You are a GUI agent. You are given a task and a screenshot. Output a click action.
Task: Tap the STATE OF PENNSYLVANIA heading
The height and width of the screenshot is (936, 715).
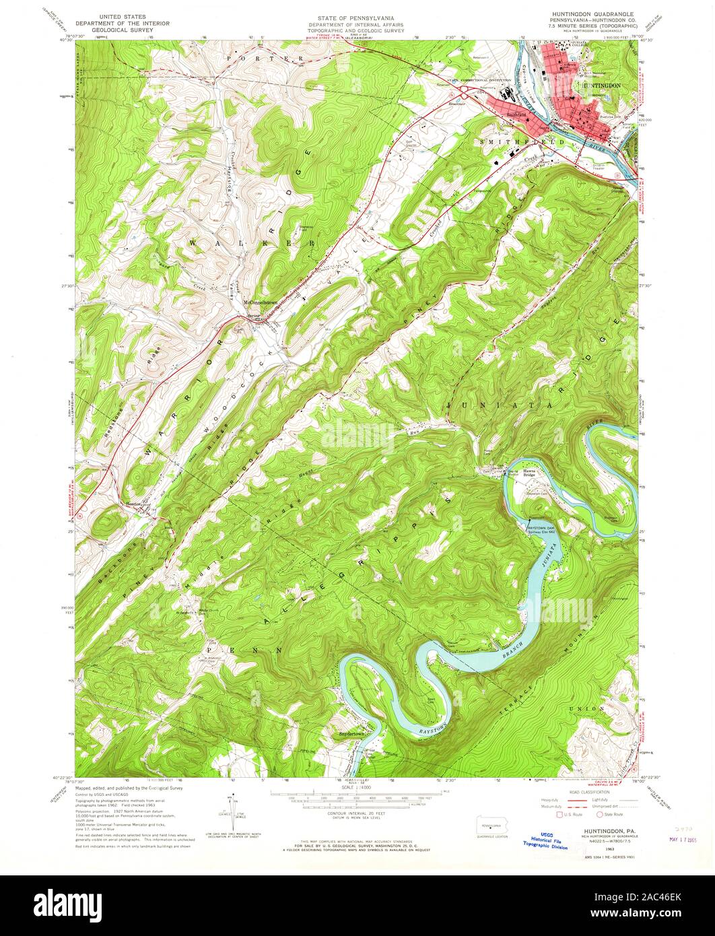click(x=357, y=18)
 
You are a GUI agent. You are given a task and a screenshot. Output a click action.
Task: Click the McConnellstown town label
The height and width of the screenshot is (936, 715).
click(x=261, y=303)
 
